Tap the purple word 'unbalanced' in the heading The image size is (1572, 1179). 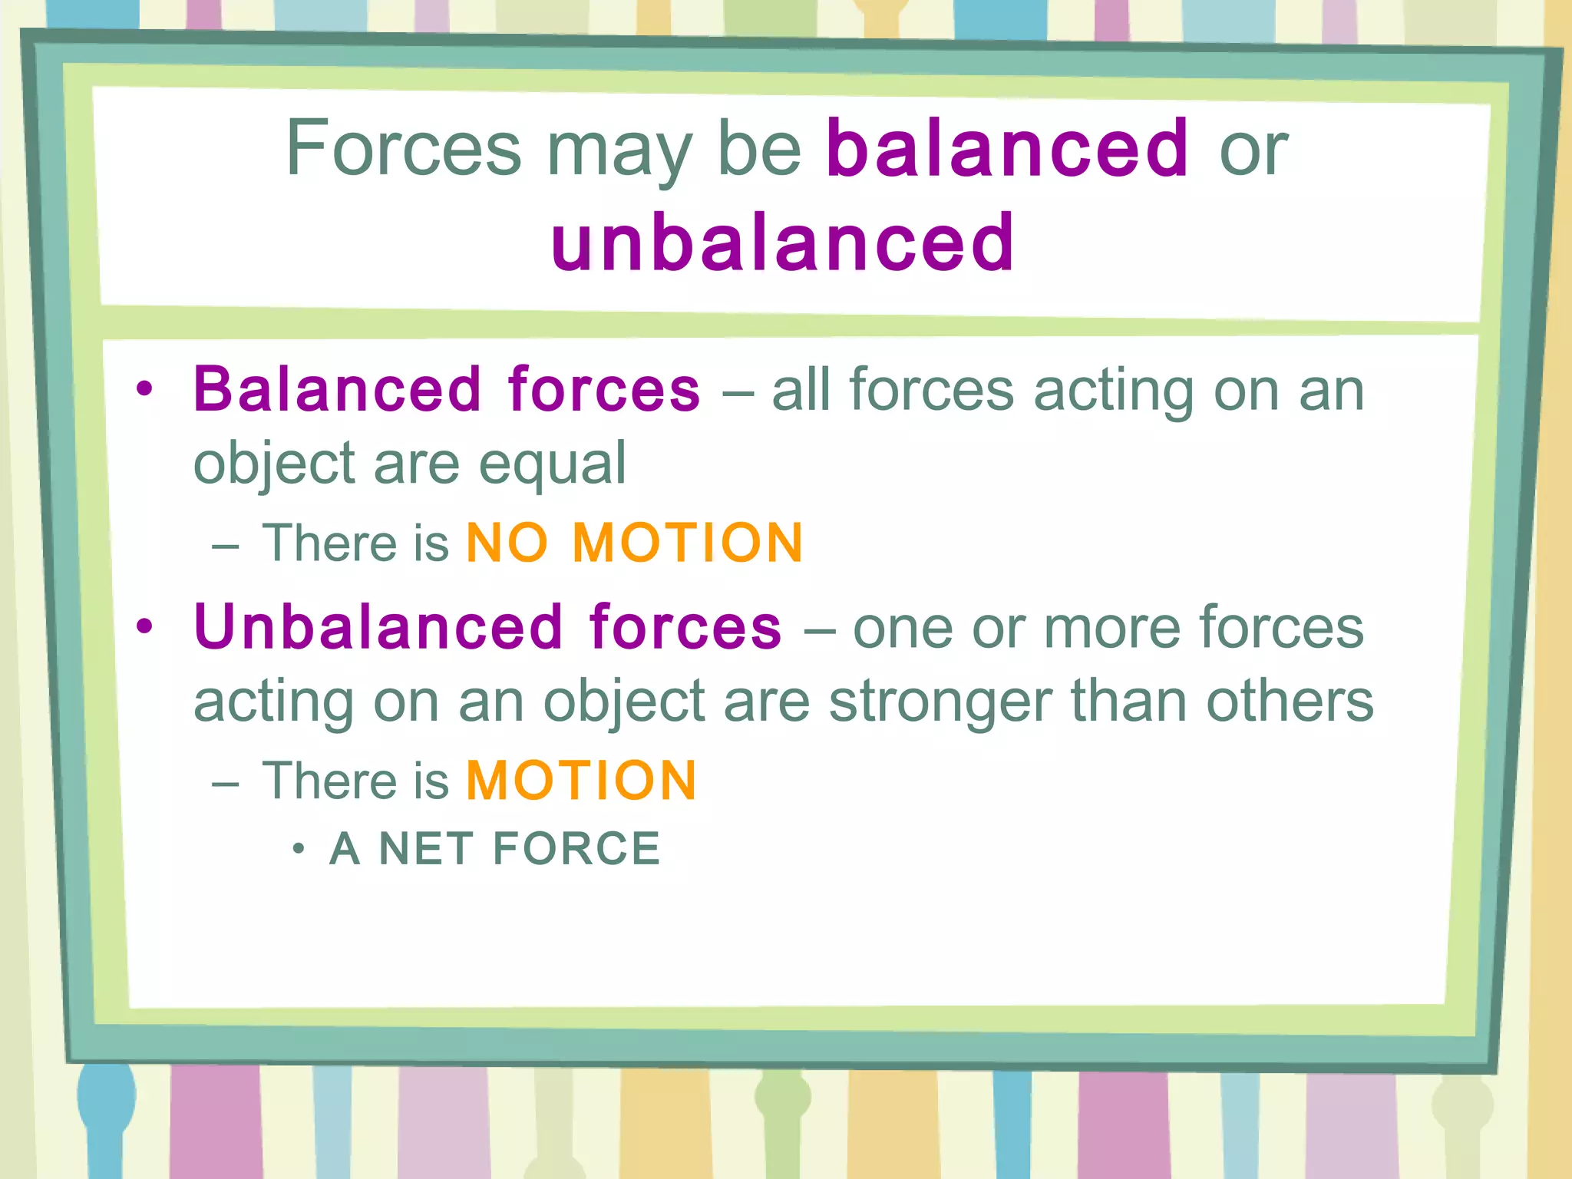point(783,243)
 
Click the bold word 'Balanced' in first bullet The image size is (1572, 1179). point(338,390)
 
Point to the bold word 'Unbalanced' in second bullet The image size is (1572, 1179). point(379,627)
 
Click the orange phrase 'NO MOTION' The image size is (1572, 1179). point(634,543)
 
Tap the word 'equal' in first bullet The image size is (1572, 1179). point(552,464)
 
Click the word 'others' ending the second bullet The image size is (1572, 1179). point(1290,701)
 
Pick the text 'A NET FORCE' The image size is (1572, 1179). point(494,849)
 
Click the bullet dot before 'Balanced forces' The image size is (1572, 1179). point(144,390)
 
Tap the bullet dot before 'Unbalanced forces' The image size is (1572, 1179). point(144,627)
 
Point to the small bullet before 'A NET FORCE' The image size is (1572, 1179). point(299,849)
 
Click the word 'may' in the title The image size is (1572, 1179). point(619,152)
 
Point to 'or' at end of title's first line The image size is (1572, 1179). point(1253,150)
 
